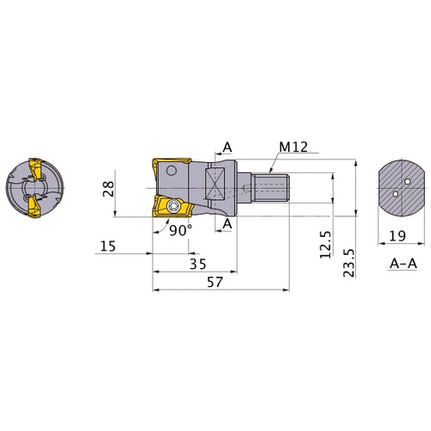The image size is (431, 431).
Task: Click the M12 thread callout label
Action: tap(293, 147)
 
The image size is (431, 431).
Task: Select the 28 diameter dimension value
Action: tap(109, 189)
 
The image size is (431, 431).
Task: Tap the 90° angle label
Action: tap(181, 230)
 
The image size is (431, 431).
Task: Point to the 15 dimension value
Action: tap(108, 247)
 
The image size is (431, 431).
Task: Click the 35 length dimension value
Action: tap(198, 264)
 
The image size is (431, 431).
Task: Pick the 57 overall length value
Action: tap(215, 282)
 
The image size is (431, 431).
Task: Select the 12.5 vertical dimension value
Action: tap(326, 245)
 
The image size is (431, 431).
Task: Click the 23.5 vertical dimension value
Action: tap(349, 263)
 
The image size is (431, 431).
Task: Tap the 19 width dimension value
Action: tap(397, 236)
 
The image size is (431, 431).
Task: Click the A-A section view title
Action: tap(403, 264)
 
